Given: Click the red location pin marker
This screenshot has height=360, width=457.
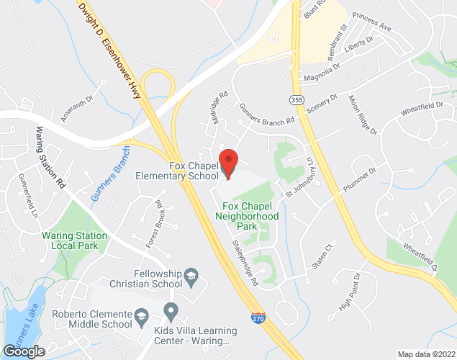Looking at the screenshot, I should coord(228,163).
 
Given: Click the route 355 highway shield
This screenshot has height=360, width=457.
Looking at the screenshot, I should coord(297,99).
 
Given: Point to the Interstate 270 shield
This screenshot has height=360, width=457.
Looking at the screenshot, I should coord(258,316).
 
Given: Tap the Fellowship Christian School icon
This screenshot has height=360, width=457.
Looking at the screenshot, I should coord(191,274).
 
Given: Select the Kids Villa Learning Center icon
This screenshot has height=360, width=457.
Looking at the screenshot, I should coord(171,311).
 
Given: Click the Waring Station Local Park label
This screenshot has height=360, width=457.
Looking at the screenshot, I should coord(75,240).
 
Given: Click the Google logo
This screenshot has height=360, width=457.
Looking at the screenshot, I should coord(24,351).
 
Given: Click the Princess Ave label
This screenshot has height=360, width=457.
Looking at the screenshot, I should coord(373,22).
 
